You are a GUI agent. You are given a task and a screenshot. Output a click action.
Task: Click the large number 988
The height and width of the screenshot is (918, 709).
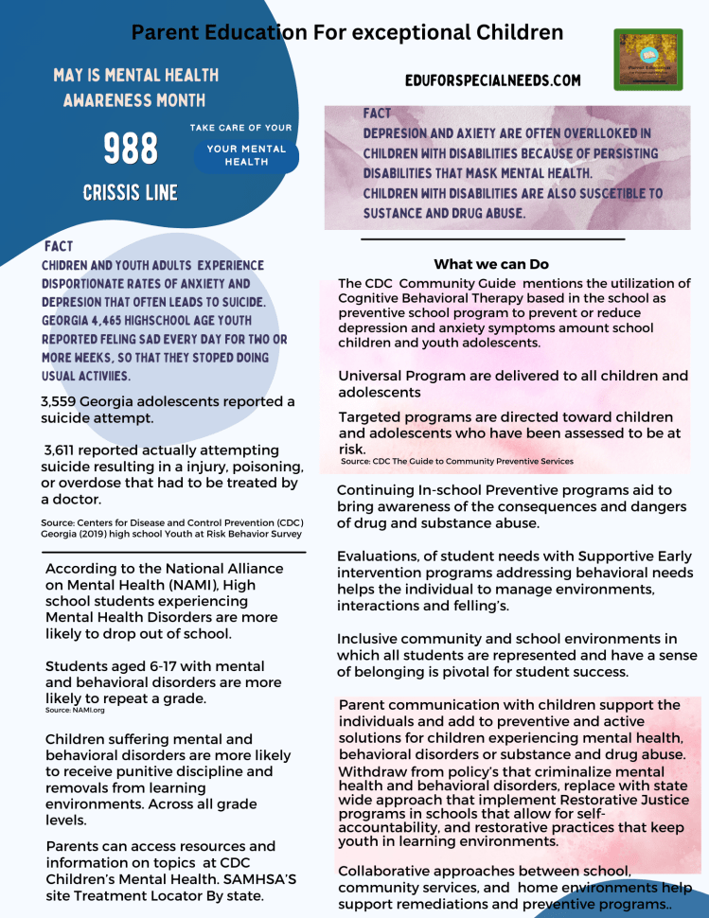[131, 149]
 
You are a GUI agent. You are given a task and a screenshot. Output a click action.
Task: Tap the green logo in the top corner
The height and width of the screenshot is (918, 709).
[648, 59]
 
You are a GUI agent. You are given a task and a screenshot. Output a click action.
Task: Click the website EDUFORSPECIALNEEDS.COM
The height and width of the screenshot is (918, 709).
[492, 81]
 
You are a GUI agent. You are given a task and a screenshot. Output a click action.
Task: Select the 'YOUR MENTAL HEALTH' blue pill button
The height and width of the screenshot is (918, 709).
[246, 155]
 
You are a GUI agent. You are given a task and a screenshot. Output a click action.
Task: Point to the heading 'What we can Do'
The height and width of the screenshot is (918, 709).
[491, 264]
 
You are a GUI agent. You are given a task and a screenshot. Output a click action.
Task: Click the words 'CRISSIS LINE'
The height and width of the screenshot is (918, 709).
[131, 193]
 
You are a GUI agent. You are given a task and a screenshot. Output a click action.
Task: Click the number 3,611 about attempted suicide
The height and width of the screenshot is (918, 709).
[65, 450]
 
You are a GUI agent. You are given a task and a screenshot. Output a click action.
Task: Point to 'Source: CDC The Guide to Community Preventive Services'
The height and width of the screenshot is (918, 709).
[456, 461]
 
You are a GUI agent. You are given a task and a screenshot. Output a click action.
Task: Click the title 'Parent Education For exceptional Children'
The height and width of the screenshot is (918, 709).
[347, 33]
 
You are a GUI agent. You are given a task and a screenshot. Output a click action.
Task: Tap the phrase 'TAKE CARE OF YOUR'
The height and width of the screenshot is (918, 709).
[240, 128]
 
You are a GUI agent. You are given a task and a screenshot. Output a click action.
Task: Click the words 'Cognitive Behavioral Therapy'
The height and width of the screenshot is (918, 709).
[435, 297]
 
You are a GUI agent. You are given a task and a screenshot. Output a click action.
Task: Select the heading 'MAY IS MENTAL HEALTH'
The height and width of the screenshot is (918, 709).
[135, 75]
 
